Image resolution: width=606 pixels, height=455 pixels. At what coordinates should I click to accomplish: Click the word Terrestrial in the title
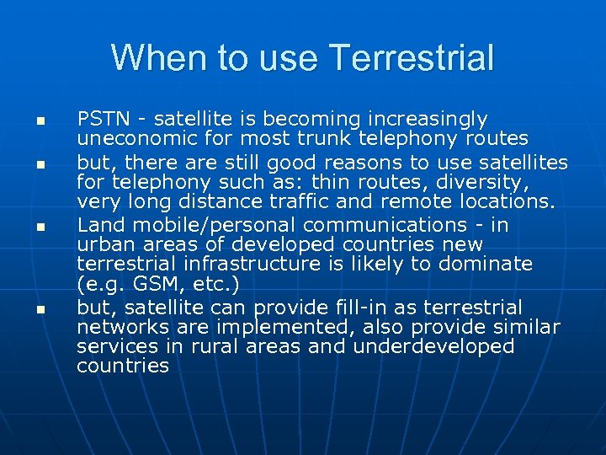412,59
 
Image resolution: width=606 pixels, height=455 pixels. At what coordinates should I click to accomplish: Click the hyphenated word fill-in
371,308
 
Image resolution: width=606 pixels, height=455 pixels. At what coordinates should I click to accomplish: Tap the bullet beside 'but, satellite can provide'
39,310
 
